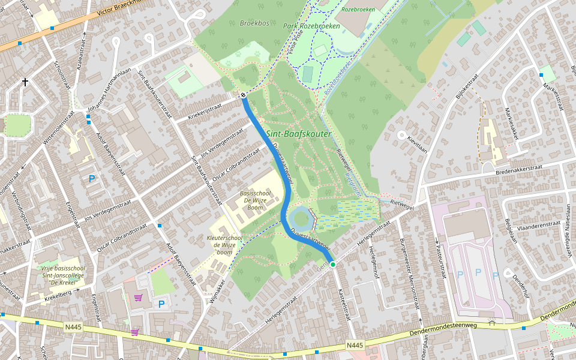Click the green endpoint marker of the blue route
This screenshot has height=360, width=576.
pyautogui.click(x=332, y=264)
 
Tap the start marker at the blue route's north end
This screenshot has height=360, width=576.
pyautogui.click(x=244, y=95)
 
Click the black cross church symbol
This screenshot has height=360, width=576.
pyautogui.click(x=25, y=81)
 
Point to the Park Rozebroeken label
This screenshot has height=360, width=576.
pyautogui.click(x=311, y=26)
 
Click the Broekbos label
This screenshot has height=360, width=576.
pyautogui.click(x=254, y=23)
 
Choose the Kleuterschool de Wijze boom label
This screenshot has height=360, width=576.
pyautogui.click(x=224, y=245)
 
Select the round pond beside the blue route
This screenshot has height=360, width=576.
pyautogui.click(x=301, y=218)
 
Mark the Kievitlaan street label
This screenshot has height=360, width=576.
pyautogui.click(x=417, y=144)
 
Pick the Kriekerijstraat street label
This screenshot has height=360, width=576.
pyautogui.click(x=205, y=111)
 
